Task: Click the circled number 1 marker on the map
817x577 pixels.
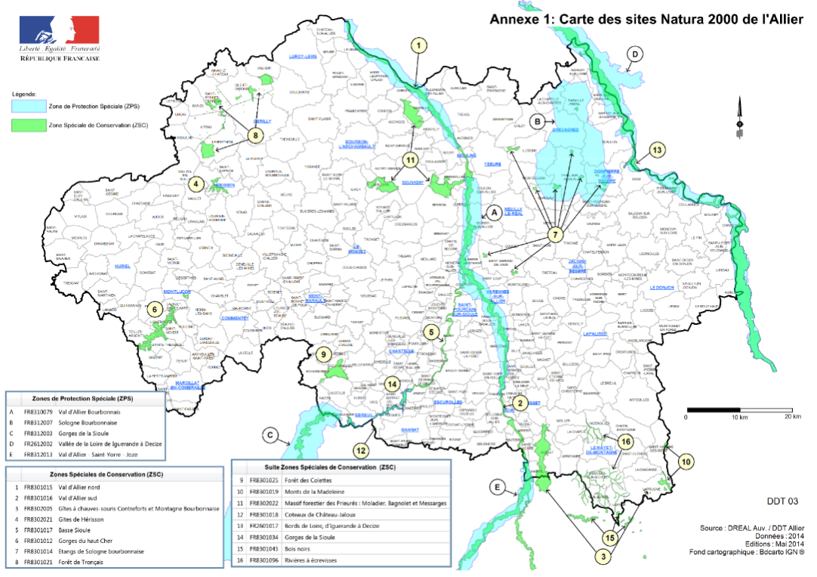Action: (x=416, y=45)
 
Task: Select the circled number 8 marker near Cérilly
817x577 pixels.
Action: (x=256, y=134)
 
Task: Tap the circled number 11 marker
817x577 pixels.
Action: (x=411, y=160)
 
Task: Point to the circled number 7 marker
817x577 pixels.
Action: (x=556, y=235)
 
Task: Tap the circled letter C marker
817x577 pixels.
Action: (x=271, y=435)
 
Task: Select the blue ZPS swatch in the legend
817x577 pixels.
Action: (x=26, y=107)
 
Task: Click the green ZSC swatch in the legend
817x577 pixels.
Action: (x=26, y=126)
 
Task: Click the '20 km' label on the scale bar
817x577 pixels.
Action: (x=792, y=418)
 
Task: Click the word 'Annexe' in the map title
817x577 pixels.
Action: (x=514, y=20)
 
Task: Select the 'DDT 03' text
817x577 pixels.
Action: (x=782, y=501)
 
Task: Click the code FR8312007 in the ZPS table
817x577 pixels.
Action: (x=39, y=423)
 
